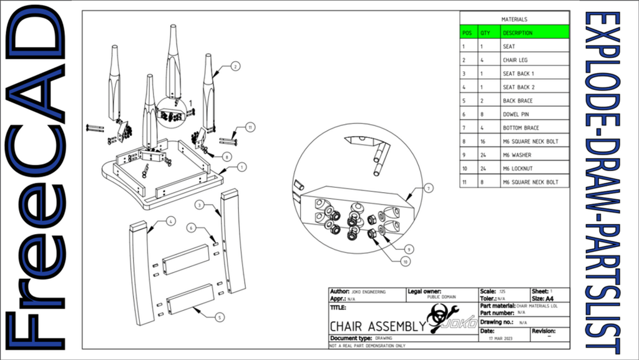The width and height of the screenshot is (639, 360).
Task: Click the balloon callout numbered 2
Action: [x=235, y=66]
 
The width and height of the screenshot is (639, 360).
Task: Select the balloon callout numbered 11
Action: [x=250, y=127]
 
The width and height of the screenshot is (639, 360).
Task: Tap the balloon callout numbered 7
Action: [x=429, y=187]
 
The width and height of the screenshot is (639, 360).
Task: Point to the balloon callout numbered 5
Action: [x=220, y=317]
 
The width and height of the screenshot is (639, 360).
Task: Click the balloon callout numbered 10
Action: [x=406, y=262]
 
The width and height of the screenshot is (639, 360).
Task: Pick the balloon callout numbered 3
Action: [x=199, y=205]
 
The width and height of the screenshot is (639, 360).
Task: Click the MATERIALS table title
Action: [x=514, y=19]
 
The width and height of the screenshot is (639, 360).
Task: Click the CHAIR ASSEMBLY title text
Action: [x=377, y=326]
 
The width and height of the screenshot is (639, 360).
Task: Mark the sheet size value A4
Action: [x=550, y=299]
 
